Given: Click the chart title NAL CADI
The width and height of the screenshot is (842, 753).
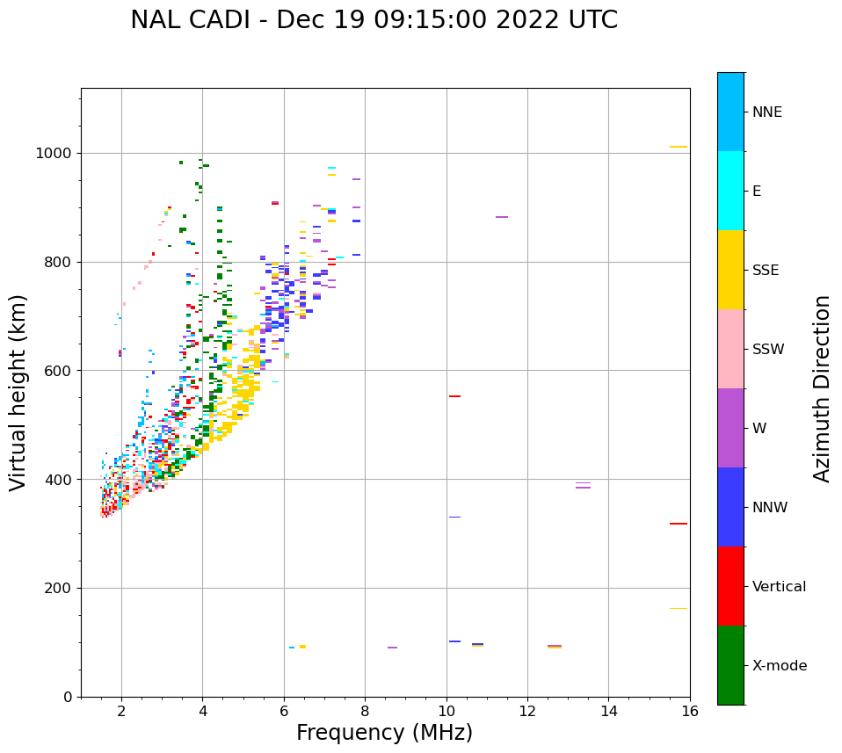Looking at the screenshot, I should [374, 20].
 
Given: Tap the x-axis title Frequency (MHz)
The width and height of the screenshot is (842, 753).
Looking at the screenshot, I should [384, 733].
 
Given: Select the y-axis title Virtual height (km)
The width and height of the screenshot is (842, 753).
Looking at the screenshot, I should [18, 392].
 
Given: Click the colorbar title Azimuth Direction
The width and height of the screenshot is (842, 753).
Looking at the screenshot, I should [822, 388].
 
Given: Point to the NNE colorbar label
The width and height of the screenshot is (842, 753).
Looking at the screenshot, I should [766, 112].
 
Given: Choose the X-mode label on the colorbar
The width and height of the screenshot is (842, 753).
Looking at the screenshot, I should [779, 666].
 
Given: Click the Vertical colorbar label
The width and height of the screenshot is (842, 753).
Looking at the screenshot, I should [779, 587].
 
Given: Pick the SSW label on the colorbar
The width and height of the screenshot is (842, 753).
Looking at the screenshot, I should [768, 350].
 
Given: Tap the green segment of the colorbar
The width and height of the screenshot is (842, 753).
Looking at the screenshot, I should [730, 665].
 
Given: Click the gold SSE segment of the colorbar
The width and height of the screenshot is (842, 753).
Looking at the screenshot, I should [730, 270].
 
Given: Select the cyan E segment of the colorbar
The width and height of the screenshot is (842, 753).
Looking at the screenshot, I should [730, 191].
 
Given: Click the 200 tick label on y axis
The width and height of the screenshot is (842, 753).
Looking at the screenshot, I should [61, 588].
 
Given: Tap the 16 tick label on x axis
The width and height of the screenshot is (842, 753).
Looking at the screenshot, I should [690, 711].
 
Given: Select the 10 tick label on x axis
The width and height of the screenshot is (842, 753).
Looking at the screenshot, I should [446, 711].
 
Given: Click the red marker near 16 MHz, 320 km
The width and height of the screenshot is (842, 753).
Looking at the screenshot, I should [678, 524].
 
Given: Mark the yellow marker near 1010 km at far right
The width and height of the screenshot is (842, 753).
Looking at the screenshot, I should [678, 147].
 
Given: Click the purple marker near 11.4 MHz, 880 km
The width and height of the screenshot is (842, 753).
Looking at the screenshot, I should [501, 217].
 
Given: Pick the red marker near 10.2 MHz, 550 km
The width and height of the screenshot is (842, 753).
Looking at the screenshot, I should [454, 396].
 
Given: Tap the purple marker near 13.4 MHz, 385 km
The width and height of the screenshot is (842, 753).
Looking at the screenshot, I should [583, 487].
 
